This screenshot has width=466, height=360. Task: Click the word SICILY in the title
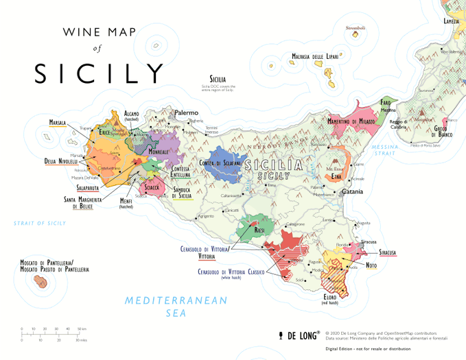pos(100,73)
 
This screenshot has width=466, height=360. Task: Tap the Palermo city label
pos(186,112)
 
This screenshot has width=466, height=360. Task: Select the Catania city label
pos(352,191)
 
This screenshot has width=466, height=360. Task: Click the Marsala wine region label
pos(57,123)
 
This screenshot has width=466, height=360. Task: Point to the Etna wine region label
pos(336,177)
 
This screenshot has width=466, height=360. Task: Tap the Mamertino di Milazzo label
pos(341,121)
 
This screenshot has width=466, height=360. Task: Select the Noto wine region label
pos(371,265)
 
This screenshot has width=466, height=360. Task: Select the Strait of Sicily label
pos(40,223)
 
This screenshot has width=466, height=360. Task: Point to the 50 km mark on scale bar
pos(81,329)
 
